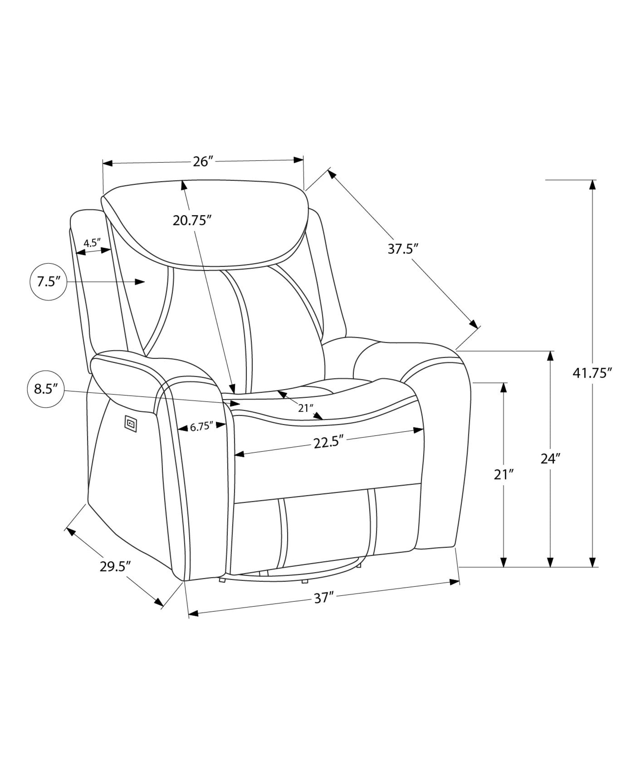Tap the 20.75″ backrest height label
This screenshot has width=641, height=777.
pyautogui.click(x=192, y=220)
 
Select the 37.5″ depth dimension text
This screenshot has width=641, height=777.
pyautogui.click(x=403, y=249)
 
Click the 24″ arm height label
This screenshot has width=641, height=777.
pyautogui.click(x=550, y=459)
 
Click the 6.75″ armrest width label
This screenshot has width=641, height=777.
pyautogui.click(x=202, y=427)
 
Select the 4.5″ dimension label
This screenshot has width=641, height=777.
pyautogui.click(x=92, y=243)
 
